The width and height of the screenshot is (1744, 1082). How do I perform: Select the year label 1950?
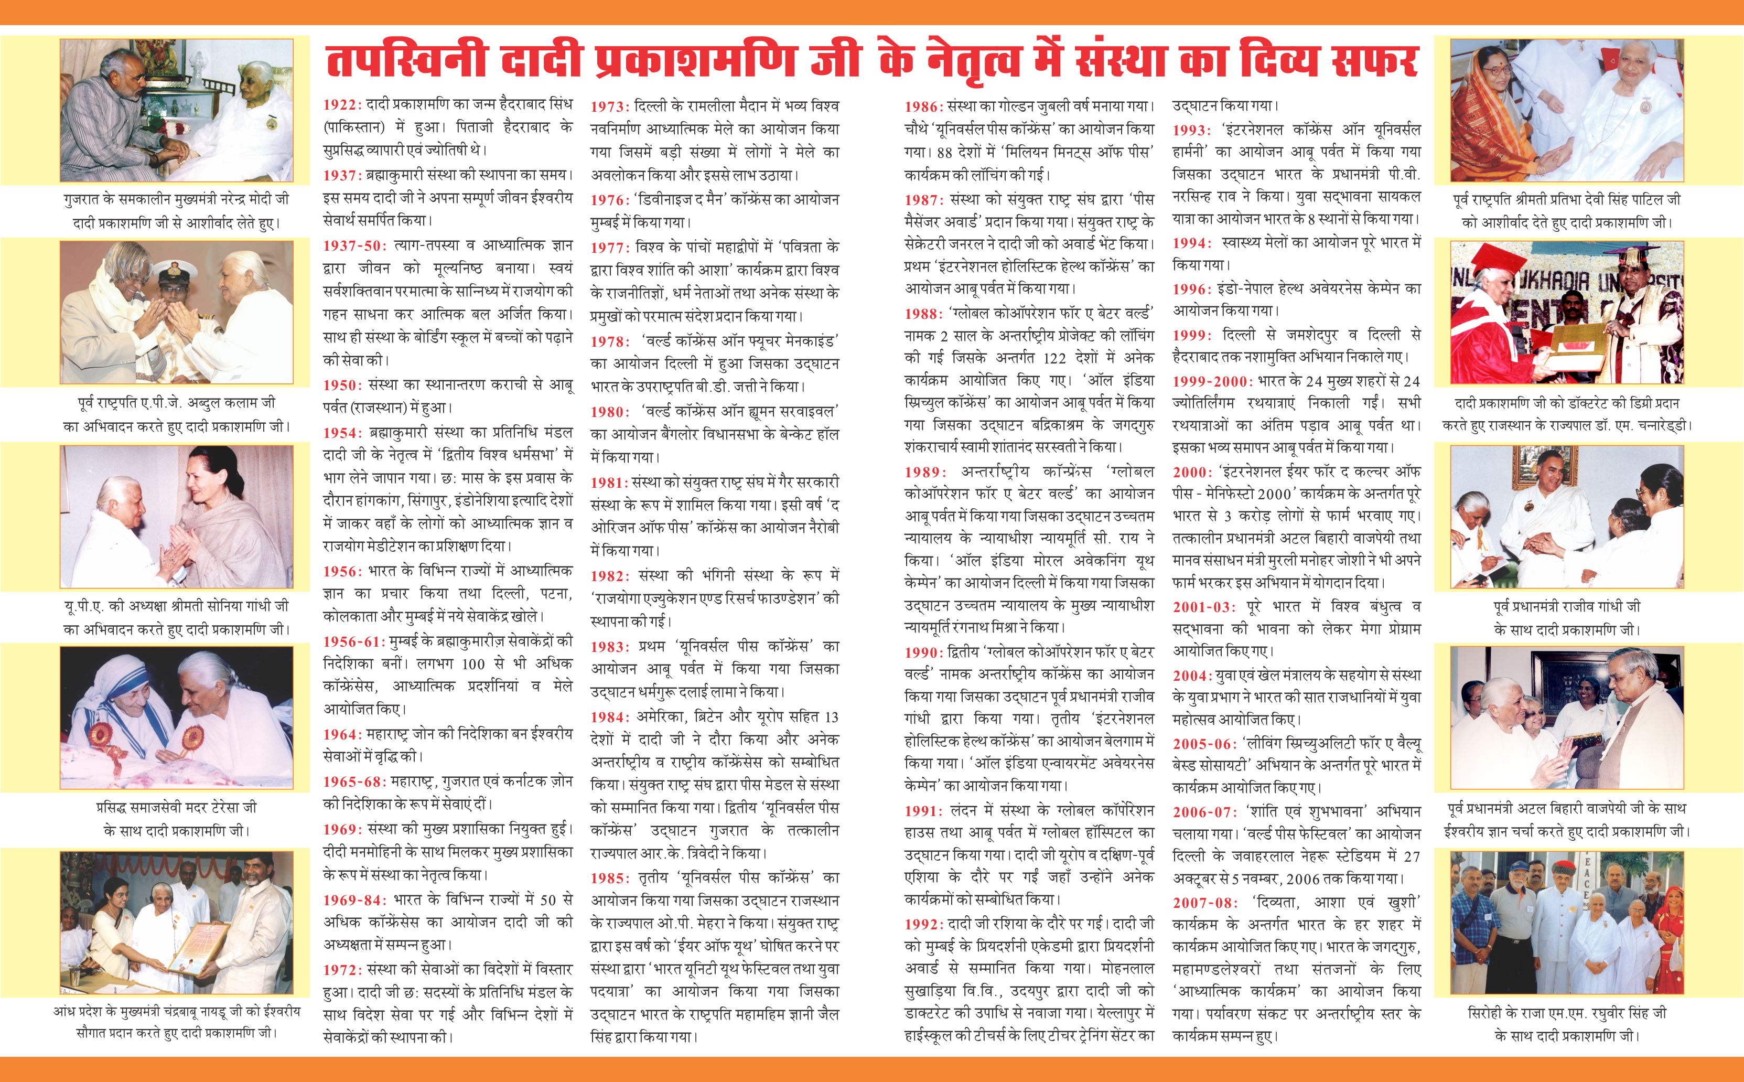342,385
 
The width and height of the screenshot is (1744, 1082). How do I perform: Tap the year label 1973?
609,106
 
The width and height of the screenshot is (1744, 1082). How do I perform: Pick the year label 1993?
1191,130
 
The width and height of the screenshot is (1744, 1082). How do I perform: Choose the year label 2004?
1191,676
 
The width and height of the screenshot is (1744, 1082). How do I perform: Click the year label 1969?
342,829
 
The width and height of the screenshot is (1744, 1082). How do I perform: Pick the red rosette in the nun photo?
101,735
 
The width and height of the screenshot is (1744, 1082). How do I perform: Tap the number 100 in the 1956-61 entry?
473,663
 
